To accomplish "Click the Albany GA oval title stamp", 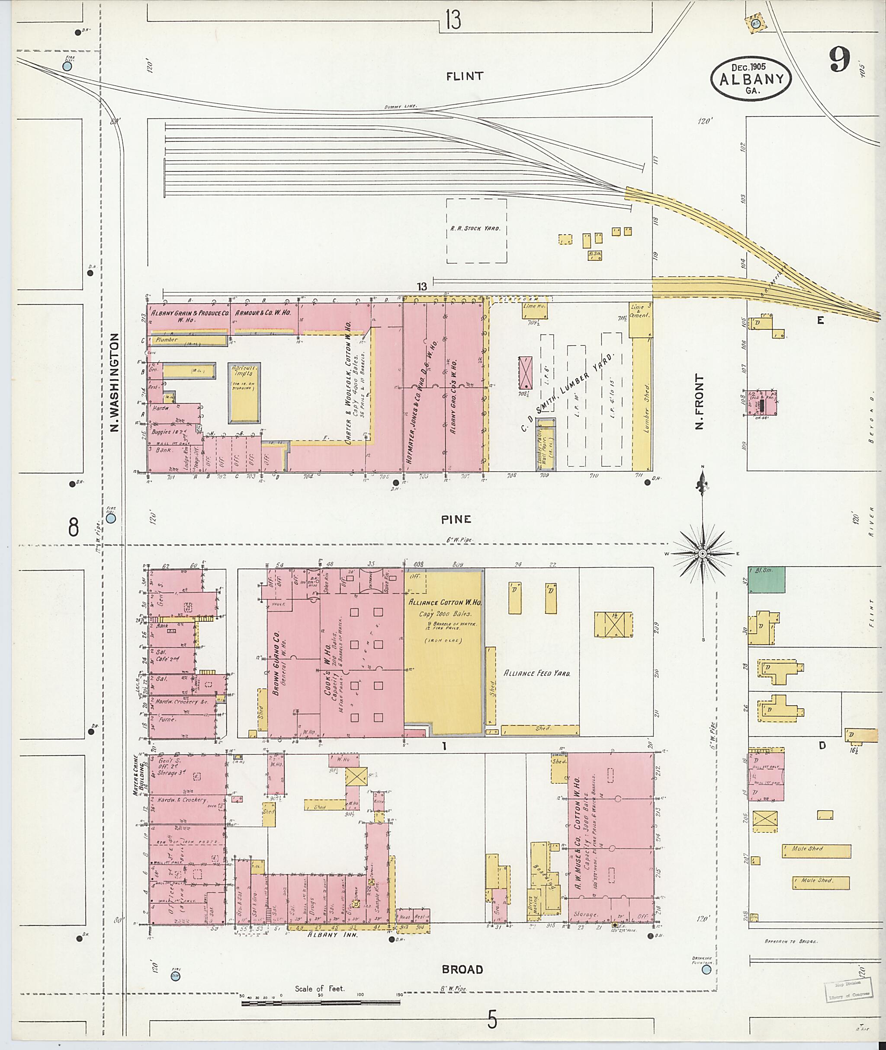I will point(751,79).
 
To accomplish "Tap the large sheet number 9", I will point(839,60).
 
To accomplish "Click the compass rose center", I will point(702,553).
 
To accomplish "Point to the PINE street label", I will point(456,520).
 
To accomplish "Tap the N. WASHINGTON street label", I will point(114,383).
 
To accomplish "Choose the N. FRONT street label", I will point(699,402).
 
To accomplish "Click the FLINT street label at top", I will point(465,76).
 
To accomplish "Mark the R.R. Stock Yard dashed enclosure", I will point(476,230).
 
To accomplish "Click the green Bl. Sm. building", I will point(767,579).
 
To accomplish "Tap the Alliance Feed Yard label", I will point(536,673).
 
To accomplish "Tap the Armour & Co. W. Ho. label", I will point(263,312).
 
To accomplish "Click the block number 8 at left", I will point(74,527).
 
